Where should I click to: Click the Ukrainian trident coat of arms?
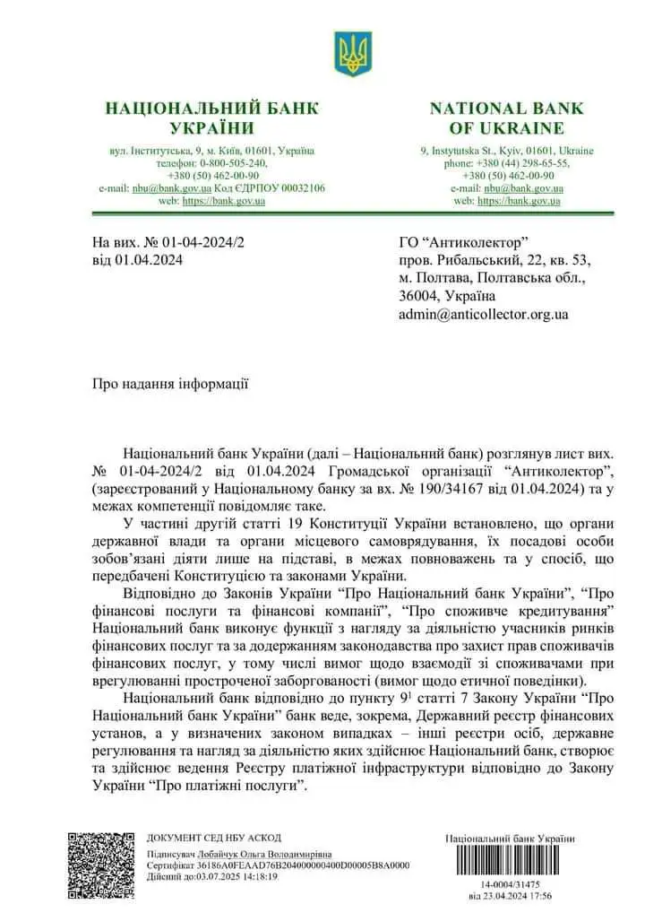click(x=352, y=54)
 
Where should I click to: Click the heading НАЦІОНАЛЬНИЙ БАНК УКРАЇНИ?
click(x=211, y=118)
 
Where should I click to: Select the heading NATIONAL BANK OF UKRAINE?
click(x=506, y=118)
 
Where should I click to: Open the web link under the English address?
click(x=519, y=201)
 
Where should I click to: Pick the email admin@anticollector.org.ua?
click(x=483, y=314)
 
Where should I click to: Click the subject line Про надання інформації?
click(x=170, y=384)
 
